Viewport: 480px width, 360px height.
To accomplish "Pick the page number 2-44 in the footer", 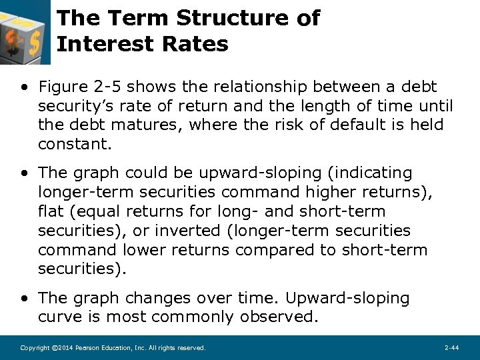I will point(451,348).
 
